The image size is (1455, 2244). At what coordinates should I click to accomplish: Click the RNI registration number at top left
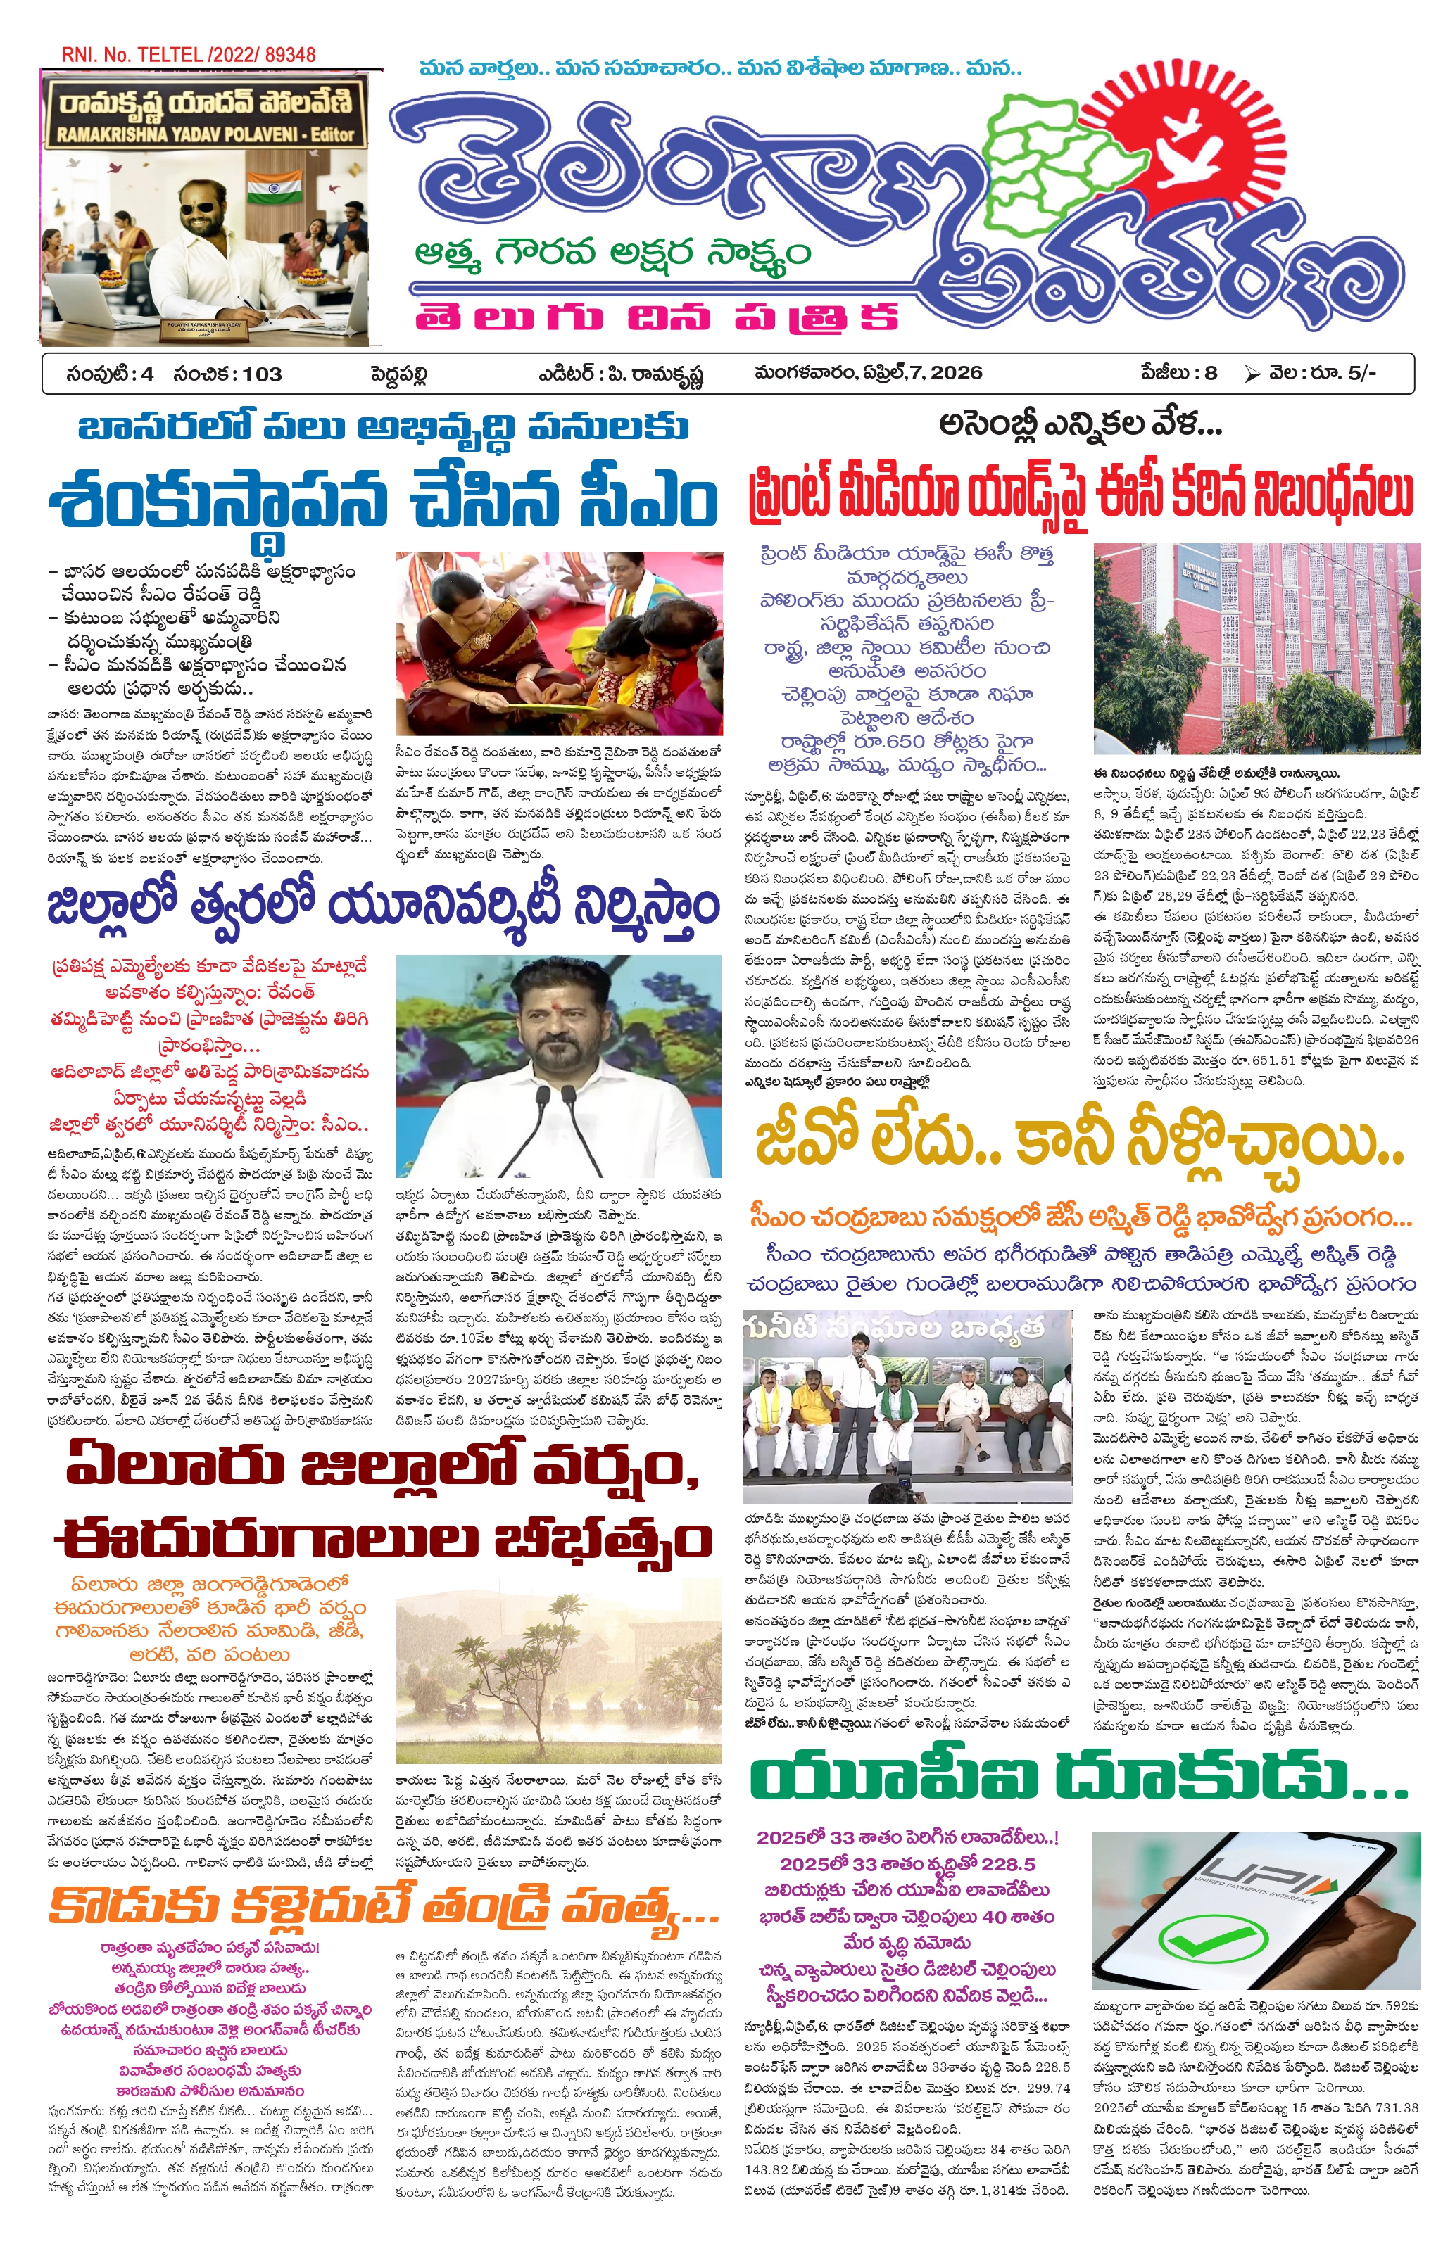click(188, 55)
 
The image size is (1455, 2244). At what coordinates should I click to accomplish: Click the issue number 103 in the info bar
click(261, 374)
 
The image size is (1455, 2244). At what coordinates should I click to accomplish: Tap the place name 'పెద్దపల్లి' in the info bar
click(399, 374)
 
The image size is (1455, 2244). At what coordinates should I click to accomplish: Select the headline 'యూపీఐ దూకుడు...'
click(1078, 1779)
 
